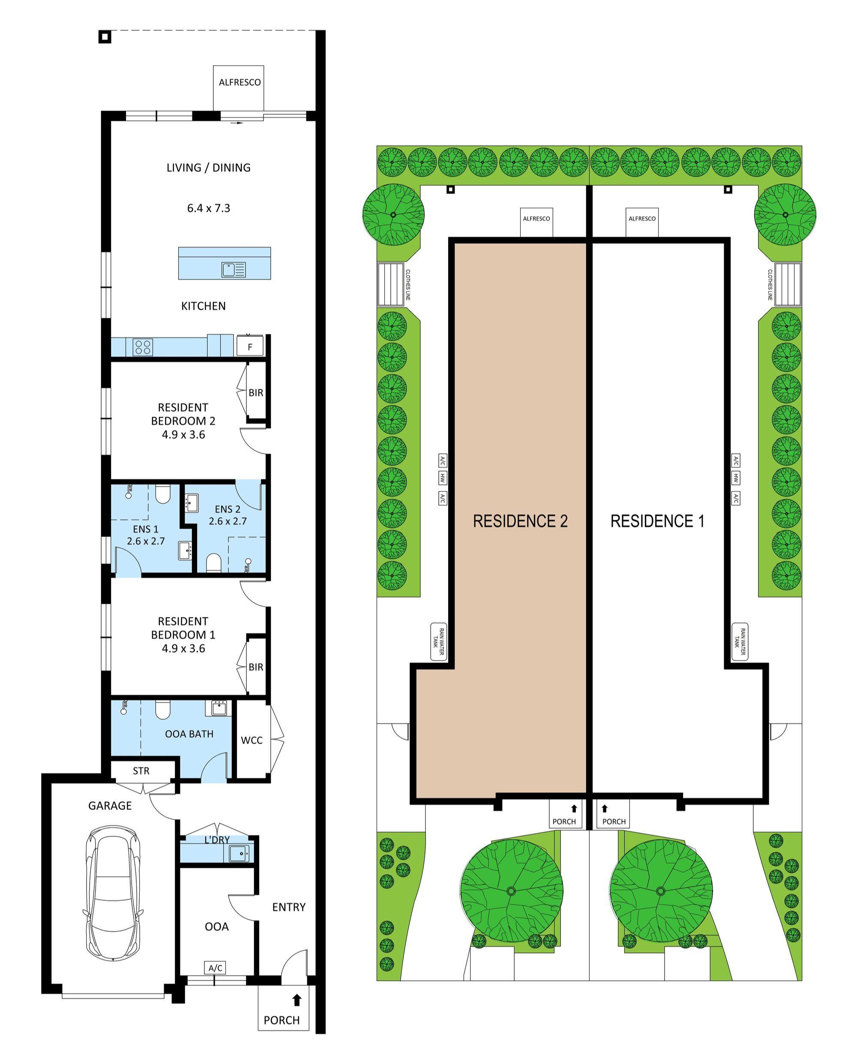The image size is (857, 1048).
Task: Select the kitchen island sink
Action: point(234,270)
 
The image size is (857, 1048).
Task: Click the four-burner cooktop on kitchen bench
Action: point(143,347)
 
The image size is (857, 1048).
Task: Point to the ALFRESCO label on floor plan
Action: point(240,82)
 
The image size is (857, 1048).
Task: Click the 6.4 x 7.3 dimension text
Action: point(208,208)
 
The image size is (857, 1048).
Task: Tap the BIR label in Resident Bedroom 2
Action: point(256,393)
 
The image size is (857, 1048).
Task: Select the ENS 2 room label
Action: point(228,509)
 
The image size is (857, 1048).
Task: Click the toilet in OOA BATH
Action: point(162,710)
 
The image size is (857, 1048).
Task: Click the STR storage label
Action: point(141,771)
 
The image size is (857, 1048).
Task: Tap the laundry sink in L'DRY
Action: point(239,853)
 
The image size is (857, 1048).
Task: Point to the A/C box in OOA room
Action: point(215,968)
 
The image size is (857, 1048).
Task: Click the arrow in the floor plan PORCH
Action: point(297,1000)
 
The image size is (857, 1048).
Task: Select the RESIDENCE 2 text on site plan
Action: point(520,521)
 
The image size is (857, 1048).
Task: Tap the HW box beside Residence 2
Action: point(442,478)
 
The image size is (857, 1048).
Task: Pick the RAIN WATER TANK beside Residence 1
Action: point(740,641)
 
